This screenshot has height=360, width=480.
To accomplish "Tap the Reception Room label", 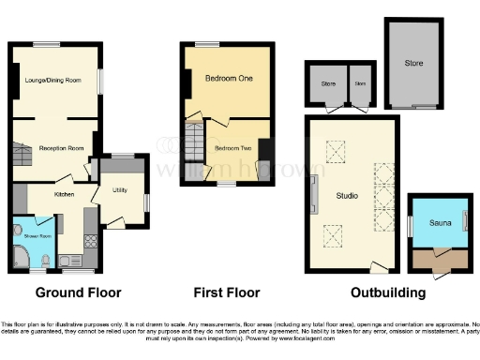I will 61,147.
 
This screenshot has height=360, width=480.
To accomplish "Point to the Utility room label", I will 119,189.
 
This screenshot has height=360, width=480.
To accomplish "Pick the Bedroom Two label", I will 230,148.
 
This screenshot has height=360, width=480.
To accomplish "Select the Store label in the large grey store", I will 413,64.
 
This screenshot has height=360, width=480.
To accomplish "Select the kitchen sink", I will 67,260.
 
